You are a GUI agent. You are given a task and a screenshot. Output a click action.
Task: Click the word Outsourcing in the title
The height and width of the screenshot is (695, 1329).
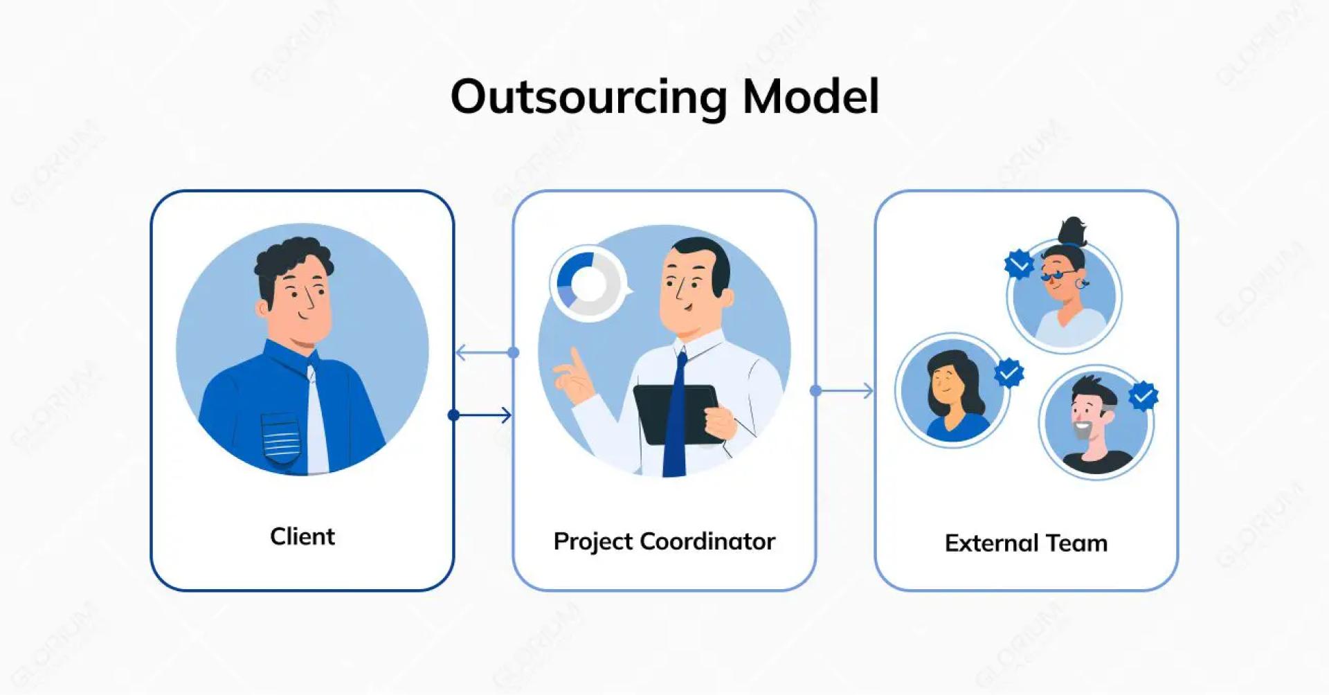tap(588, 97)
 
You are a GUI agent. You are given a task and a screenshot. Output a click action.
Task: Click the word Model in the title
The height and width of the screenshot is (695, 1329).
tap(811, 97)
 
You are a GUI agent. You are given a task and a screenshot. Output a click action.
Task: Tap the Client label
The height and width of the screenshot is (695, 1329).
tap(302, 536)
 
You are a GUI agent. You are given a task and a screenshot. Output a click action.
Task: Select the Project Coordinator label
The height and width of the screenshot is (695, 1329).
tap(664, 541)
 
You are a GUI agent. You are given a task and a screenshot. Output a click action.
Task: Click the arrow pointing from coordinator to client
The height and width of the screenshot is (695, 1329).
tap(484, 353)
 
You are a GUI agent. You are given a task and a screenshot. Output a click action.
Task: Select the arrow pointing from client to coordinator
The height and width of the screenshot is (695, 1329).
tap(482, 415)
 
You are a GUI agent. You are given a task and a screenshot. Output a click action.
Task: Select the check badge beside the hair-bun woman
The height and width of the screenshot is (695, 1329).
tap(1019, 264)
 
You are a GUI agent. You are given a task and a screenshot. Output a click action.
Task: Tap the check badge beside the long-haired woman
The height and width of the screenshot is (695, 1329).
tap(1009, 373)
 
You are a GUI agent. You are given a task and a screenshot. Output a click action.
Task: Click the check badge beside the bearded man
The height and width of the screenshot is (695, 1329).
tap(1143, 396)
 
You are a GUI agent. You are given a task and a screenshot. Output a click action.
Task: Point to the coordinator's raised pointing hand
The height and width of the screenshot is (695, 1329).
tap(575, 377)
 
